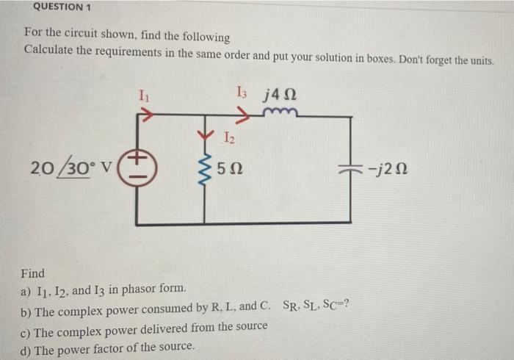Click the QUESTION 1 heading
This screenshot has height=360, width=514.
coord(59,7)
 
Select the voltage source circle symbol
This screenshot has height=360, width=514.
coord(139,168)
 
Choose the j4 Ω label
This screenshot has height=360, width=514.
coord(279,94)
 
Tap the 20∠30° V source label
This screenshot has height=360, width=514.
coord(70,168)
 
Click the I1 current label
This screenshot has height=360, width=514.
coord(144,95)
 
